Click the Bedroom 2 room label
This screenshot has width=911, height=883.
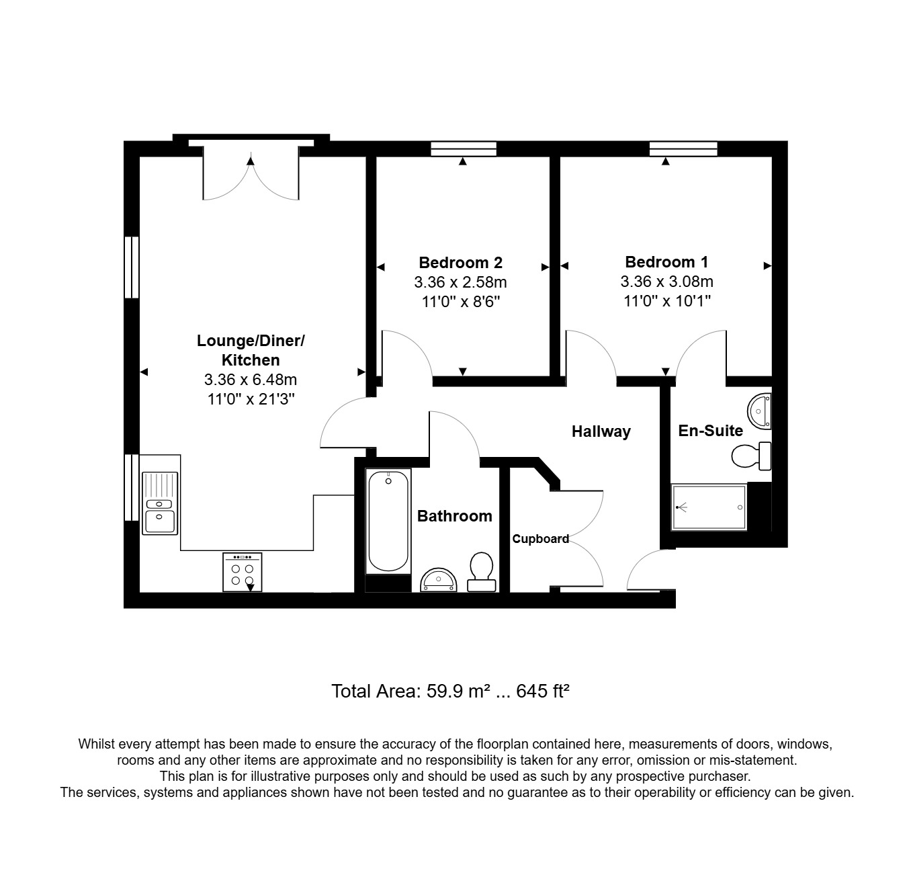(x=460, y=262)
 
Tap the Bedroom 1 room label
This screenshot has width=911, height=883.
(x=666, y=262)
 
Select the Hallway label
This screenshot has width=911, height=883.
(x=601, y=431)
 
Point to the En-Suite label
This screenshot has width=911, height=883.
(x=710, y=431)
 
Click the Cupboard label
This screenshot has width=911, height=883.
(x=540, y=538)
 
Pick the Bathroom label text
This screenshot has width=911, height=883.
(x=454, y=516)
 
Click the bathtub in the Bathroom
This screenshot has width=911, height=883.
(x=388, y=521)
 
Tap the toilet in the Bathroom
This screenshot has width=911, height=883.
(x=480, y=571)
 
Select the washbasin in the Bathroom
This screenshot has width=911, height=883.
(x=437, y=580)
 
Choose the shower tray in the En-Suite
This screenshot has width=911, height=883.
(x=709, y=507)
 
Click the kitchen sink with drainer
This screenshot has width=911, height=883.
(x=159, y=503)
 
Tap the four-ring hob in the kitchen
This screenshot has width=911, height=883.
(x=242, y=572)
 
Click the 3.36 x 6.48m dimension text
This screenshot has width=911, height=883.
(x=250, y=380)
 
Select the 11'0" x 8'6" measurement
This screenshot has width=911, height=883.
(x=460, y=302)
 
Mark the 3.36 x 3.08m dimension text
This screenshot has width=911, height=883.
(x=666, y=282)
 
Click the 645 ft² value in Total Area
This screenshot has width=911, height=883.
(x=543, y=691)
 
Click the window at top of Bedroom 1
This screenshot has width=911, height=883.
(x=683, y=149)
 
